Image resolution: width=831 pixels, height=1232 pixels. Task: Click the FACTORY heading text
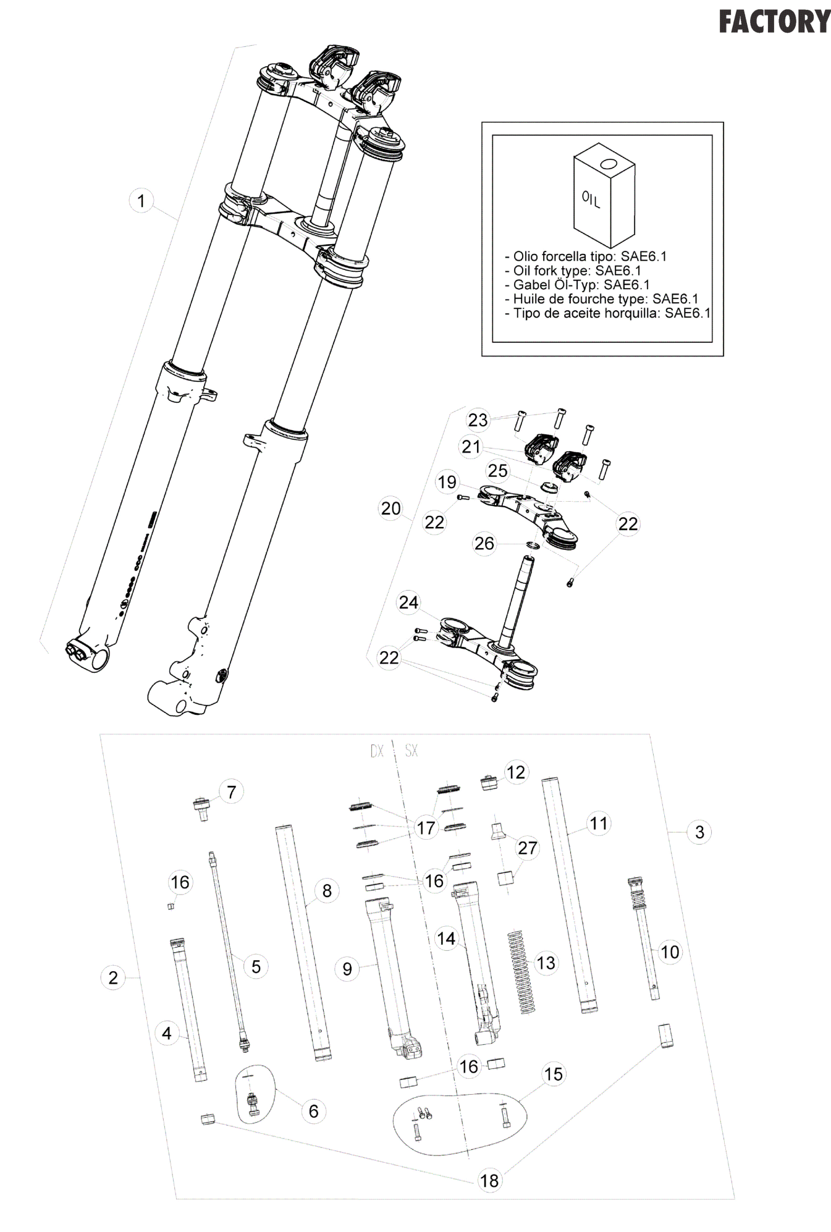775,22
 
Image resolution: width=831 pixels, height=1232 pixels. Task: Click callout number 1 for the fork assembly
141,201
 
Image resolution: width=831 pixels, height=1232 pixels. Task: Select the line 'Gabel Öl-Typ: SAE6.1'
581,285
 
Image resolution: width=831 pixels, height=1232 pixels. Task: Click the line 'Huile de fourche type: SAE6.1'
601,299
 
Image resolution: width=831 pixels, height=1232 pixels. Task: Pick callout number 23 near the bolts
478,420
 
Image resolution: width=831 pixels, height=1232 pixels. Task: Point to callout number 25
497,471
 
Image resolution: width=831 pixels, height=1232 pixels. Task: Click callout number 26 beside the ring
484,543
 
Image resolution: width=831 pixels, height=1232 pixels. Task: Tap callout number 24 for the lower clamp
408,602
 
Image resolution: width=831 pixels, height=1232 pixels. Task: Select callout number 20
390,508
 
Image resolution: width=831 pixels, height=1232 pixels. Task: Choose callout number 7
231,791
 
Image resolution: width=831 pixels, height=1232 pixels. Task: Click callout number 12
515,772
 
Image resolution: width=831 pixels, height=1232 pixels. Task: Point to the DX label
377,751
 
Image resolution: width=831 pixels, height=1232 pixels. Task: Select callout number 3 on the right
699,832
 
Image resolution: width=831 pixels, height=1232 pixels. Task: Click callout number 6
313,1111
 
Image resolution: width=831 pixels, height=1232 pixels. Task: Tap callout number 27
527,848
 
